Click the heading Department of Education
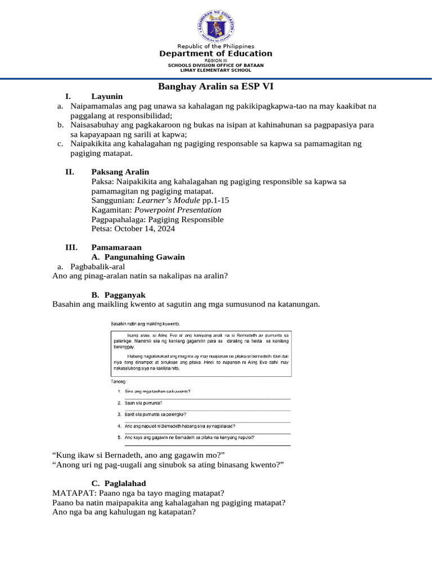tap(216, 53)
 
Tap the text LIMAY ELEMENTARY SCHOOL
tap(216, 70)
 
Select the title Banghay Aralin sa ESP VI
tap(216, 87)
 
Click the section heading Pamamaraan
tap(116, 247)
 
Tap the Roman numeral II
tap(70, 172)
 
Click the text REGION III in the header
tap(216, 60)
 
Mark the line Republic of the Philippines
tap(216, 46)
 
